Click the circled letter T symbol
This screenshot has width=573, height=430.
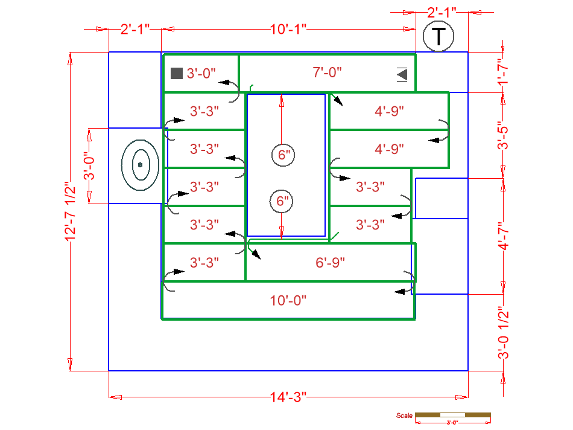[440, 37]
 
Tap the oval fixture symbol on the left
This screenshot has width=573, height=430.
[140, 164]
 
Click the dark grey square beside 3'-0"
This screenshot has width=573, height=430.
[176, 73]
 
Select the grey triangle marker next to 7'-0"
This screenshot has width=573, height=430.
[402, 74]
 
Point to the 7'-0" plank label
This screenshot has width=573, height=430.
[327, 72]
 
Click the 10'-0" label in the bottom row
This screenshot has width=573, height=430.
[288, 301]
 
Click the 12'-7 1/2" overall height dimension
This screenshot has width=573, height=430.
[71, 211]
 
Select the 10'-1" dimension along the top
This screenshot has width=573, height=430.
[288, 28]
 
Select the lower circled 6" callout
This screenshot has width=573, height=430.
[281, 201]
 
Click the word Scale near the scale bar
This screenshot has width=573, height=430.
[404, 416]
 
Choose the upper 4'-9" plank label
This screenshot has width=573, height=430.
[389, 111]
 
